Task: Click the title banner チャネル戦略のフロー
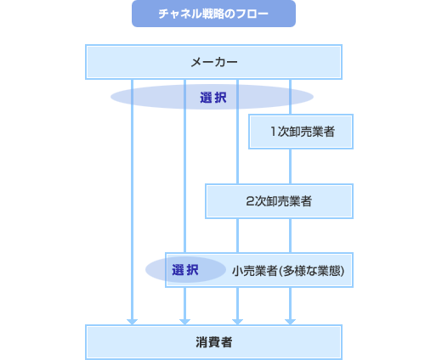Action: pos(213,14)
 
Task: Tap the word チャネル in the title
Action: pos(176,14)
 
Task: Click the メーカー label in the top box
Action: pos(213,62)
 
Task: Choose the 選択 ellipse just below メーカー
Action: pos(212,97)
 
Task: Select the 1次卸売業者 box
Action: pos(301,132)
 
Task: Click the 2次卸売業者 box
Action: pos(279,201)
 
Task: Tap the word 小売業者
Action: pos(253,271)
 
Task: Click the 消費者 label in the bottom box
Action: pos(213,342)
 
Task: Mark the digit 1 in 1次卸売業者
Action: pos(274,132)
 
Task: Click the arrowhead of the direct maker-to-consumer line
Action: pos(132,320)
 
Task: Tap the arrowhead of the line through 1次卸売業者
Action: pos(290,320)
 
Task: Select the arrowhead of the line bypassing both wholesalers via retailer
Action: pos(184,320)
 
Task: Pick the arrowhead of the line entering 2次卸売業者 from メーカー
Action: pos(237,320)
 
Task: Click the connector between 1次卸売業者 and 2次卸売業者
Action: pos(290,166)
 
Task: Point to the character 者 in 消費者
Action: pos(227,342)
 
